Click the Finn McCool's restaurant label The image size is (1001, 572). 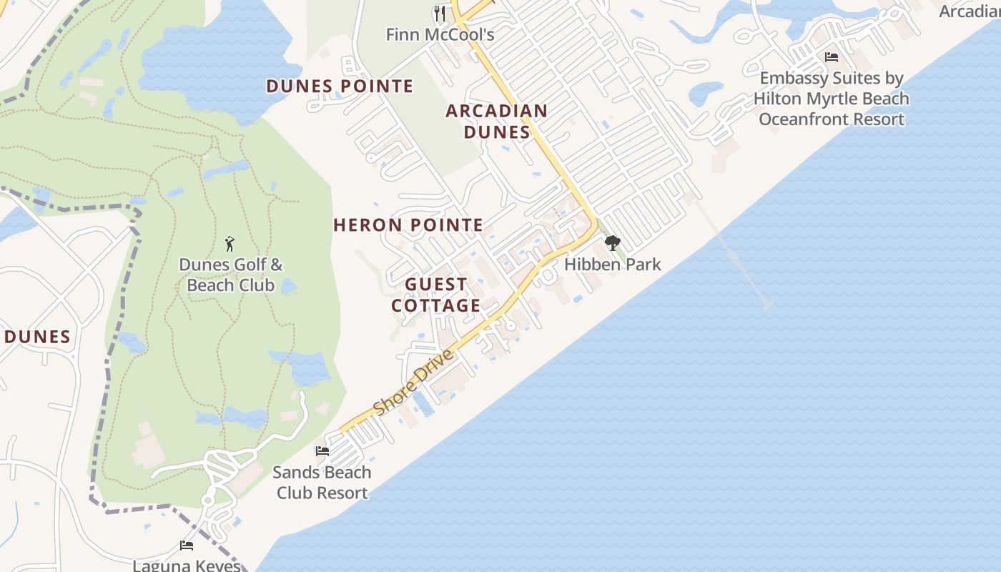point(440,34)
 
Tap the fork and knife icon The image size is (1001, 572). point(440,13)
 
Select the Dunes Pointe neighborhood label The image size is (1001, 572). point(340,87)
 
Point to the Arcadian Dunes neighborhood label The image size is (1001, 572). point(497,122)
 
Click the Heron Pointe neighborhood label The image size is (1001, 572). point(408,225)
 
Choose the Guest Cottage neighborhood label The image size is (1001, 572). point(435,295)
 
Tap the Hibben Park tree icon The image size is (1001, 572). point(612,244)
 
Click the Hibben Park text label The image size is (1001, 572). point(613,265)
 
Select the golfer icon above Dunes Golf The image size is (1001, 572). point(230,244)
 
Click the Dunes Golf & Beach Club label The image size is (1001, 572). point(230,275)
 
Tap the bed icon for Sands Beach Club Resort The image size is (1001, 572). point(322,451)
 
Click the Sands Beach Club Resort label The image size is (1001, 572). point(322,483)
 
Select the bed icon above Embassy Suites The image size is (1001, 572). point(831,57)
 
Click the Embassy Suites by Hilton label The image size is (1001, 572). point(832,99)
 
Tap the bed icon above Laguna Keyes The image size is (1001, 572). point(187,546)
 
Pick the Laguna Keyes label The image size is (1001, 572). point(187,565)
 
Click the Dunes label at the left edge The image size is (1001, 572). point(37,337)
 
